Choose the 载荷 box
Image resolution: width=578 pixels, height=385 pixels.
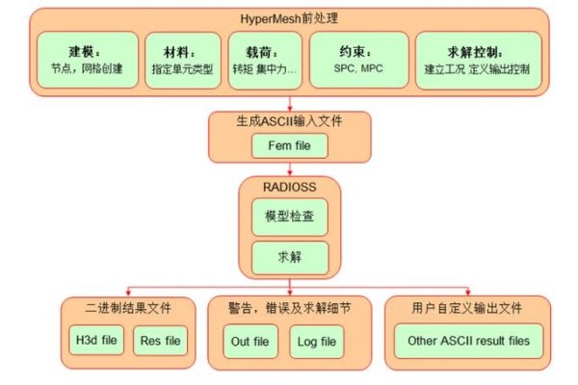tap(266, 60)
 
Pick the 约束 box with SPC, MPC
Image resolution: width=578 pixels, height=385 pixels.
tap(357, 60)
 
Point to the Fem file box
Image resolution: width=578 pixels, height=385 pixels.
tap(289, 146)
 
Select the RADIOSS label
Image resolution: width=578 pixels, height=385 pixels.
tap(289, 186)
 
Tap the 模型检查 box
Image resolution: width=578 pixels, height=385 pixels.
tap(289, 217)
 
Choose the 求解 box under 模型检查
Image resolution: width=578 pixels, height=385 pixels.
tap(289, 255)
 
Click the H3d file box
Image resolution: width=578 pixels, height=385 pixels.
tap(93, 340)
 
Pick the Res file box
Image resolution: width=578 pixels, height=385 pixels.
tap(161, 340)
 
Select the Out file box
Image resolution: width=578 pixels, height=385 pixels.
tap(249, 340)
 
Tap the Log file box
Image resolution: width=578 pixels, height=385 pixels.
tap(316, 340)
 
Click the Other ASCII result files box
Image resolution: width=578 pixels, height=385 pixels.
tap(468, 340)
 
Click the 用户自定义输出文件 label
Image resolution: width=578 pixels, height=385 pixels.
tap(468, 309)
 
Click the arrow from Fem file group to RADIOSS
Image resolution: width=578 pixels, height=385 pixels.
tap(289, 167)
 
